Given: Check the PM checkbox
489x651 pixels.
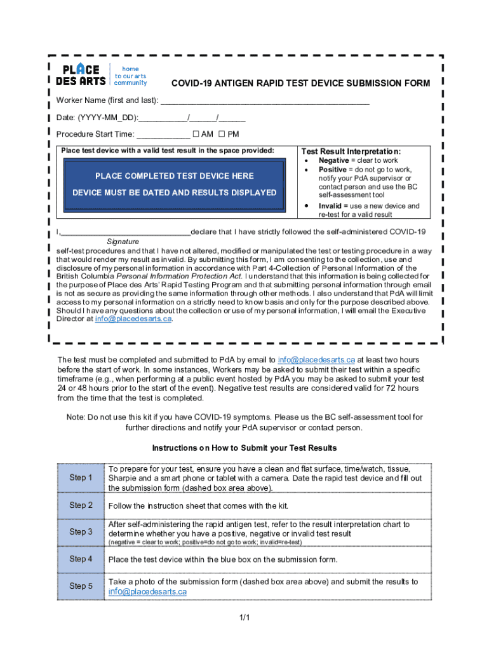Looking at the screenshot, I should click(222, 134).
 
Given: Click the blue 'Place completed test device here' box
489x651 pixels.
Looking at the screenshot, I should click(175, 184).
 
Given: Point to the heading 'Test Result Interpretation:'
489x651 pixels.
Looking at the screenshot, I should click(351, 151).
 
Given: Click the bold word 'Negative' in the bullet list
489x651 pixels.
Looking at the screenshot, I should click(333, 161).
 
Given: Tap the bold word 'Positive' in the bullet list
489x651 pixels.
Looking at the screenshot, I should click(332, 170).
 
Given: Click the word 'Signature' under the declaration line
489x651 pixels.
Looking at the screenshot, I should click(123, 242).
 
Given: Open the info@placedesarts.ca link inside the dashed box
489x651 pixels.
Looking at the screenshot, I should click(133, 319).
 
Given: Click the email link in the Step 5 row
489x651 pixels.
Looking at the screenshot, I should click(147, 591).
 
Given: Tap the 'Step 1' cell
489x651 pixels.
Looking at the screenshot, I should click(81, 477).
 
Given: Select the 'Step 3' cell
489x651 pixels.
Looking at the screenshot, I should click(81, 531).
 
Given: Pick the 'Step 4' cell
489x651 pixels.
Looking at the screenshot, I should click(81, 559).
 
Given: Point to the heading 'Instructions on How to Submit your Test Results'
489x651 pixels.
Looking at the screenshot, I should click(244, 448).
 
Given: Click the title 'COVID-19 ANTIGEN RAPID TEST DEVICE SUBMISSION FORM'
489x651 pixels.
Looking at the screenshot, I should click(301, 84).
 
